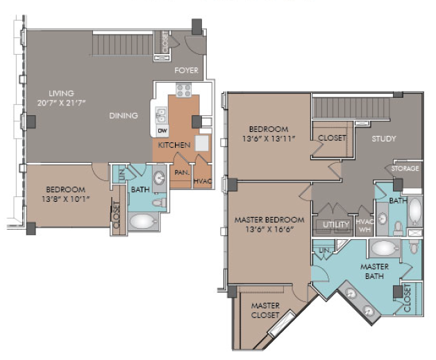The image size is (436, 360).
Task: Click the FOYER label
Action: (x=186, y=70)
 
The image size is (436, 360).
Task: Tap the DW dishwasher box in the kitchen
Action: (x=162, y=130)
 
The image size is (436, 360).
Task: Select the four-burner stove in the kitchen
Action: (x=183, y=90)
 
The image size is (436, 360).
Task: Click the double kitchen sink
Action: (x=160, y=115)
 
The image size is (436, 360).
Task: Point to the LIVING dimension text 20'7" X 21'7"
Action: (x=62, y=103)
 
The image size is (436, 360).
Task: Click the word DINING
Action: (x=124, y=116)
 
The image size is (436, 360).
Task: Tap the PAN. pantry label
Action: (x=182, y=173)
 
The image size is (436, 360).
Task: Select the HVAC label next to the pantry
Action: (x=203, y=182)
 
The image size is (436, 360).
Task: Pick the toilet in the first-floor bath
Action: (x=159, y=203)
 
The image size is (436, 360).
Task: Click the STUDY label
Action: (x=384, y=139)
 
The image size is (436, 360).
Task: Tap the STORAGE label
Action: (x=405, y=169)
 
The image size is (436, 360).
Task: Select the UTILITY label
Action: (x=336, y=225)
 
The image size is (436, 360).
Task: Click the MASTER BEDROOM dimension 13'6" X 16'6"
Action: (x=269, y=230)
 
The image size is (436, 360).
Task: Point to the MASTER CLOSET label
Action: (x=265, y=310)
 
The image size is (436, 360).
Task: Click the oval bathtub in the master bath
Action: (x=384, y=248)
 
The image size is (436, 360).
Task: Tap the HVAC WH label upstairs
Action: (x=364, y=226)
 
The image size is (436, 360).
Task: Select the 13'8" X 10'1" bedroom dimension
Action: (x=66, y=199)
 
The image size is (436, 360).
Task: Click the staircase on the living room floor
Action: (x=123, y=44)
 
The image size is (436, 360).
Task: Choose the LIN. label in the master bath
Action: (x=325, y=250)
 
